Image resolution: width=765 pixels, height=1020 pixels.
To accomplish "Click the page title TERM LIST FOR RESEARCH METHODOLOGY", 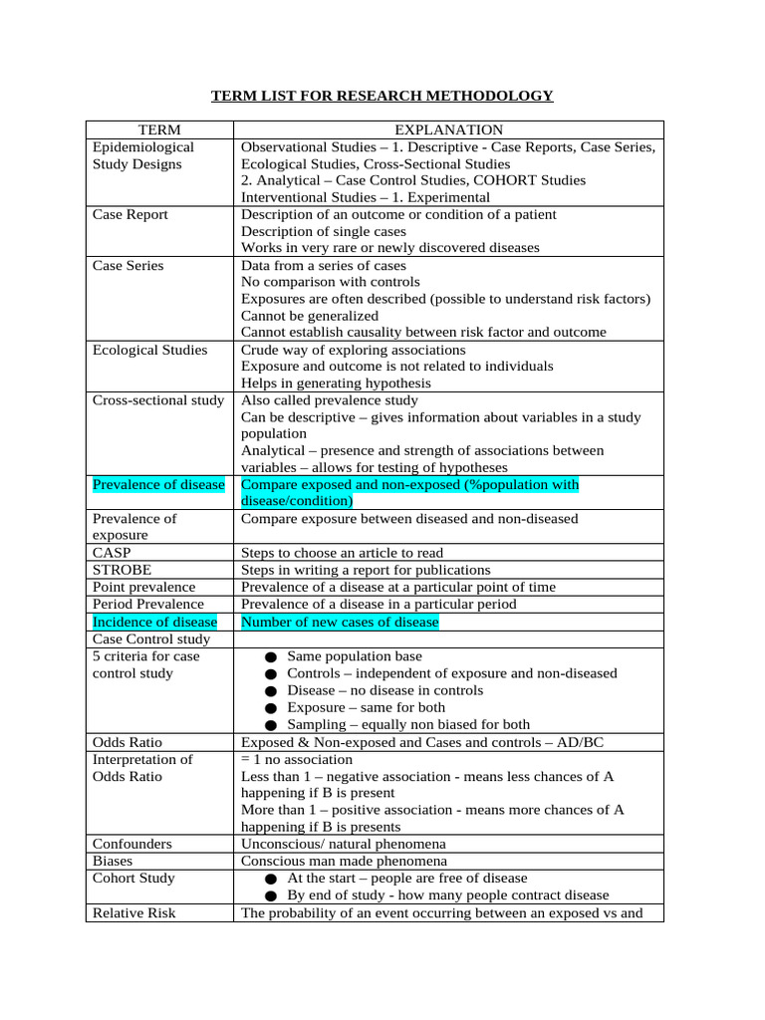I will click(382, 96).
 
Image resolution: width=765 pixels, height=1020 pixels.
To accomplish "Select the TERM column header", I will click(159, 129).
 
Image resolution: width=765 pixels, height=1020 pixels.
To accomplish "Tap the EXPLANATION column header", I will click(448, 129).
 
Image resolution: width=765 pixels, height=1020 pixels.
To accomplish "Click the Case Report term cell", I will click(130, 214).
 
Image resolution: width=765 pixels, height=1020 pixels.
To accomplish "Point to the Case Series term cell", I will click(128, 265).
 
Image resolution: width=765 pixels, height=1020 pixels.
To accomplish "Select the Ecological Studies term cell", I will click(150, 350).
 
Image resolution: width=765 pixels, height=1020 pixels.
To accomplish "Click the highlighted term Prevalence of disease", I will click(158, 484).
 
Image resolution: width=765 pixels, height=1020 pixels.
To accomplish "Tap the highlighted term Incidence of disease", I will click(154, 622).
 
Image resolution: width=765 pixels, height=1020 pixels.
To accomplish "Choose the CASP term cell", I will click(112, 552).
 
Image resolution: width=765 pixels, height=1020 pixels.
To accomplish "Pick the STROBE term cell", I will click(123, 570).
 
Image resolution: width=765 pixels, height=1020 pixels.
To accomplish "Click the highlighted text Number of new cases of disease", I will click(340, 622).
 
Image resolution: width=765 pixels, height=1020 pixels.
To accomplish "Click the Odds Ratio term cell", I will click(127, 742).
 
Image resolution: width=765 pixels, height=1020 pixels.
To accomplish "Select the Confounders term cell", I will click(132, 844).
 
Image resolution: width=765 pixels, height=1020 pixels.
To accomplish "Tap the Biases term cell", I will click(113, 861).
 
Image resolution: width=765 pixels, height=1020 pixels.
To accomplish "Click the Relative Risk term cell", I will click(133, 912).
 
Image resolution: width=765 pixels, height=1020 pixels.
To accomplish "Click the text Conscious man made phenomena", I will click(344, 861).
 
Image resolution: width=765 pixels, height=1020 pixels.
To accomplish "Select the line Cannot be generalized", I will click(310, 316).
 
